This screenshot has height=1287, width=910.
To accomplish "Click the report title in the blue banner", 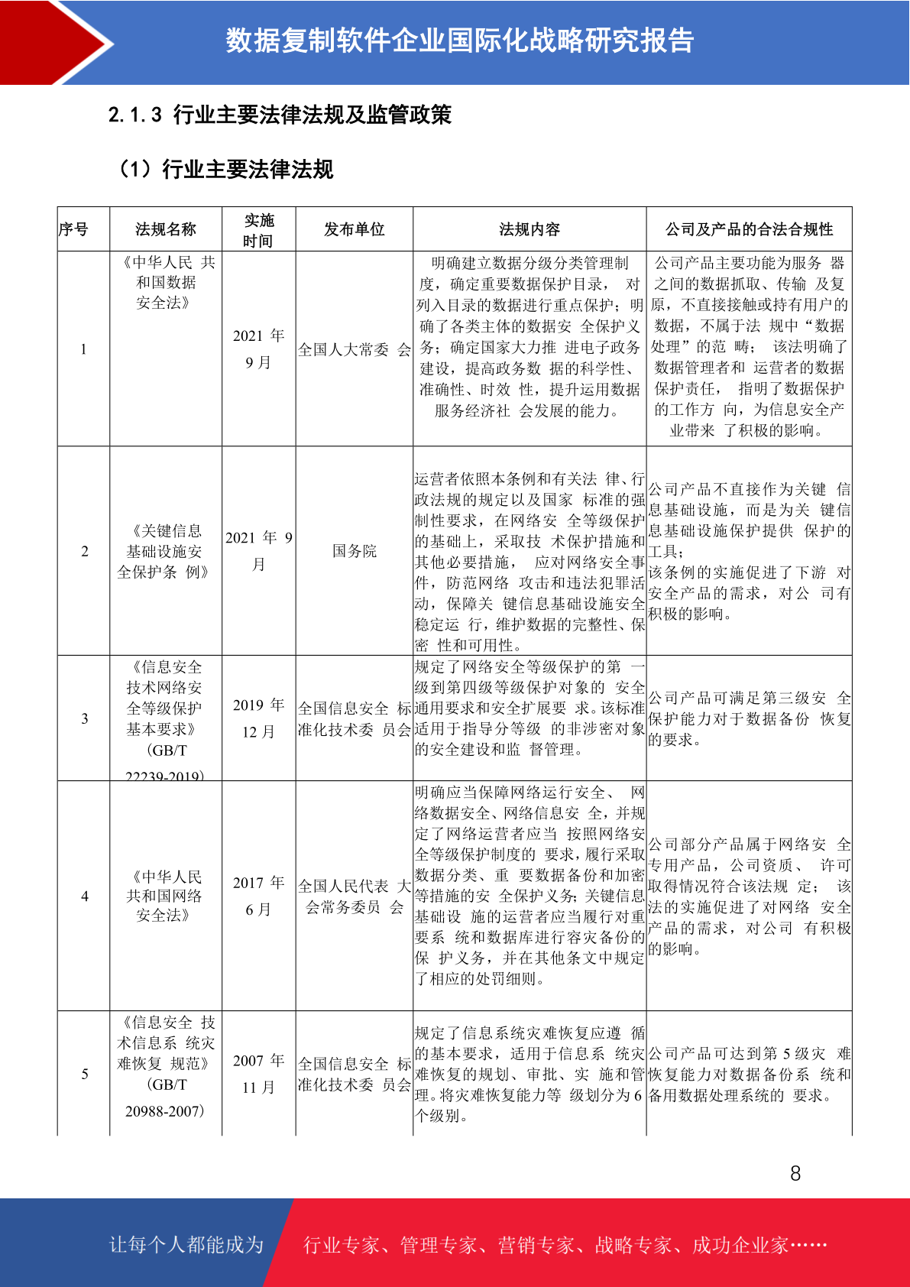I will [459, 41].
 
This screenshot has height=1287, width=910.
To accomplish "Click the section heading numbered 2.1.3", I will [280, 115].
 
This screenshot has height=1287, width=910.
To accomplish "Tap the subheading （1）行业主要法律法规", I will [225, 169].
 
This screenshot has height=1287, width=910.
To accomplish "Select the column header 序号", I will [74, 229].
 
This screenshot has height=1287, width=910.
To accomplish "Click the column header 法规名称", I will [166, 229].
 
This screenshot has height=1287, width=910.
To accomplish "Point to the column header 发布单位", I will [354, 229].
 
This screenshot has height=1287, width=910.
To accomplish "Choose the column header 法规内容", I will [529, 229].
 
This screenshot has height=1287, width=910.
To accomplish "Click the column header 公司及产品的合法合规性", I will [749, 229].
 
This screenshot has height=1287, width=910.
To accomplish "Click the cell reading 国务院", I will [354, 551].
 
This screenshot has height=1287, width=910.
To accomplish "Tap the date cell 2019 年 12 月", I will [258, 718].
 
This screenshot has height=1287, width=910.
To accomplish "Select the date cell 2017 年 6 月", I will [258, 896].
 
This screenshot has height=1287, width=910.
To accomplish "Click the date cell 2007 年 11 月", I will [258, 1073].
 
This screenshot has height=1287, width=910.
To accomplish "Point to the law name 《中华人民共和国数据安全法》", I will [166, 283].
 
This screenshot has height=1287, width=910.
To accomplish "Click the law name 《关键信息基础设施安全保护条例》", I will [164, 551].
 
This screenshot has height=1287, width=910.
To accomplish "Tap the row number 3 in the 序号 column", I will [84, 718].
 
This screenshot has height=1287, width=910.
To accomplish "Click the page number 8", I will [795, 1173].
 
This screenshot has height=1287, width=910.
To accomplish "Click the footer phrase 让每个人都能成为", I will [186, 1245].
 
